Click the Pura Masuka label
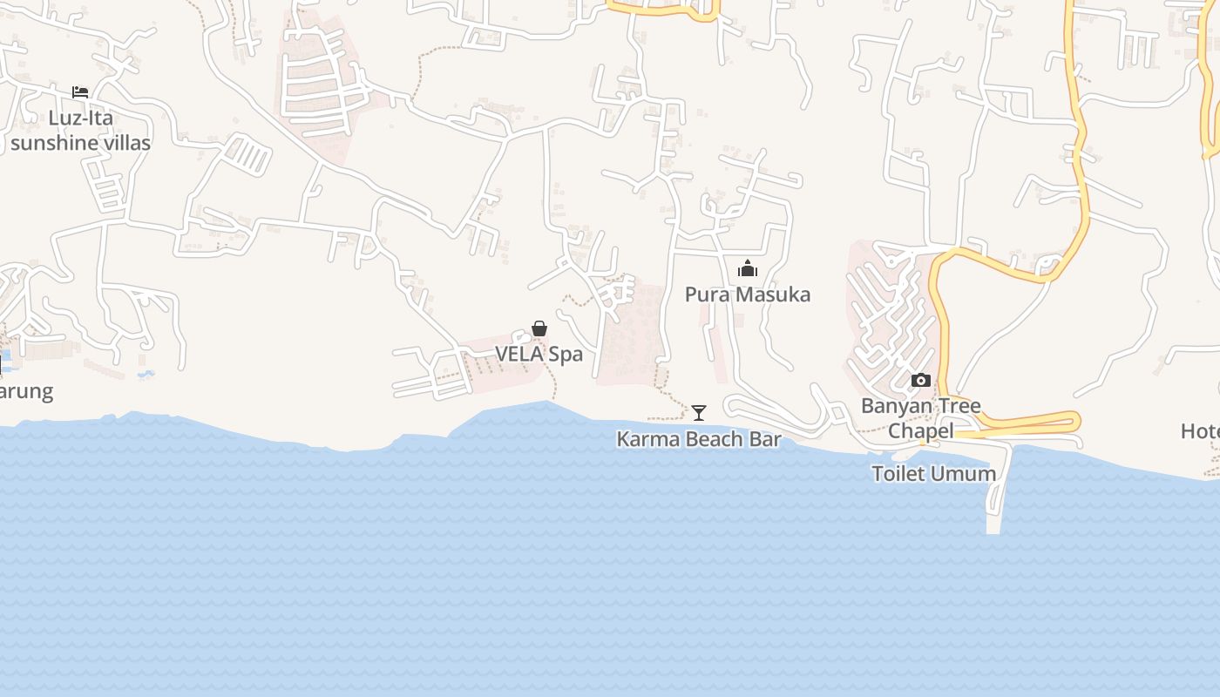[x=747, y=294]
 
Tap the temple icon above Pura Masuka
[x=747, y=268]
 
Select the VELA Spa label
[x=539, y=355]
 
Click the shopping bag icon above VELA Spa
[x=539, y=328]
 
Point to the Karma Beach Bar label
[x=698, y=439]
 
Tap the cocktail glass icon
[x=699, y=412]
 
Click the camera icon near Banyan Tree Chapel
[x=920, y=380]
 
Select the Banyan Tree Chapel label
[x=920, y=418]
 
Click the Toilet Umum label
[x=933, y=474]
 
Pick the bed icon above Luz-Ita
[x=80, y=91]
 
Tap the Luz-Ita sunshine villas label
[x=80, y=131]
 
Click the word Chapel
[x=920, y=431]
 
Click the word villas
[x=127, y=143]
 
